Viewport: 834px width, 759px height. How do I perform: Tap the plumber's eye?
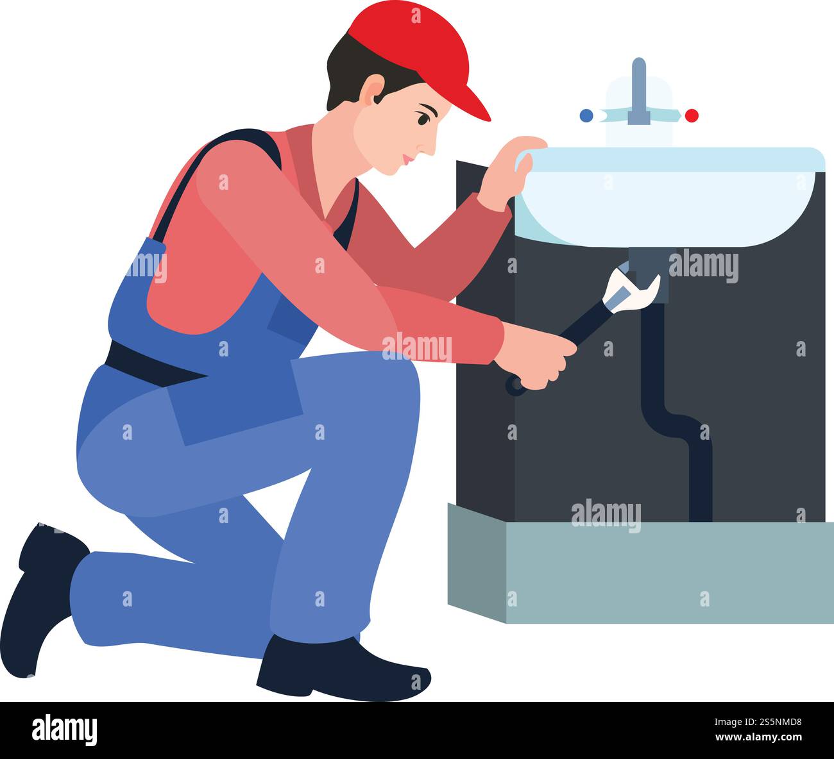[x=423, y=119]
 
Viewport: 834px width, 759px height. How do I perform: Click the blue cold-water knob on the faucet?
[x=586, y=115]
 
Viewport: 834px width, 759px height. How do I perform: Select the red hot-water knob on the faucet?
[x=692, y=115]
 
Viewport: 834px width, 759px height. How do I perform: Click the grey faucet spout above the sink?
[x=638, y=90]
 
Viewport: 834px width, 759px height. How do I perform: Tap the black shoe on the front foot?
[x=340, y=670]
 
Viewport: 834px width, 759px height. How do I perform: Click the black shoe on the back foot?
[x=38, y=596]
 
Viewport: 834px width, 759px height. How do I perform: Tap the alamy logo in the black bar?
[x=64, y=730]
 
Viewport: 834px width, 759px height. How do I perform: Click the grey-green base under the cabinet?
[x=642, y=571]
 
